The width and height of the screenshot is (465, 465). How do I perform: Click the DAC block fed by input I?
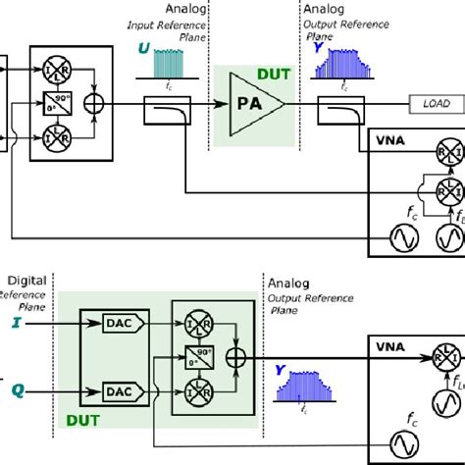[120, 322]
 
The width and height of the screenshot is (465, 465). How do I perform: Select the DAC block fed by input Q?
[120, 391]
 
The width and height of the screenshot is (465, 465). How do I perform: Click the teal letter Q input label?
[16, 389]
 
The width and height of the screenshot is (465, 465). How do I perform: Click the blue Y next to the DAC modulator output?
[282, 371]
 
